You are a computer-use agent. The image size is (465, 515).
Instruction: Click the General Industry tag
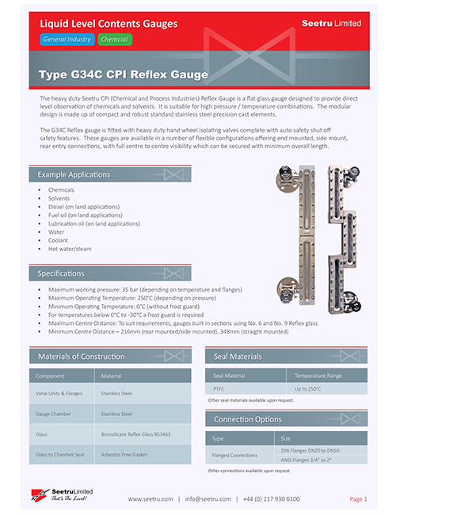[x=67, y=39]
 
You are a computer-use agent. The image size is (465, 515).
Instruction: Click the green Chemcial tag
[x=115, y=39]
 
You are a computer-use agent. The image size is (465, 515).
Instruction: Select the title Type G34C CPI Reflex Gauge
[x=123, y=75]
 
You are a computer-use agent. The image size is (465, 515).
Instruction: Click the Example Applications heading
[x=74, y=174]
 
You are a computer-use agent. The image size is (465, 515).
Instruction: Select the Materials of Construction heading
[x=81, y=357]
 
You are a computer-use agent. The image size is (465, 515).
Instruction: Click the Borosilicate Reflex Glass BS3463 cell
[x=135, y=434]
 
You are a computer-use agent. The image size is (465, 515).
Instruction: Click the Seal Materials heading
[x=238, y=357]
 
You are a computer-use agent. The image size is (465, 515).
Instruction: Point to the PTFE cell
[x=219, y=389]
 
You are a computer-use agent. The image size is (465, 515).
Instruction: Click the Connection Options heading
[x=248, y=419]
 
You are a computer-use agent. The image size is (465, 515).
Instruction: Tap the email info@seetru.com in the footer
[x=208, y=499]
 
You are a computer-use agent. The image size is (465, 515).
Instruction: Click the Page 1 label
[x=358, y=499]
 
